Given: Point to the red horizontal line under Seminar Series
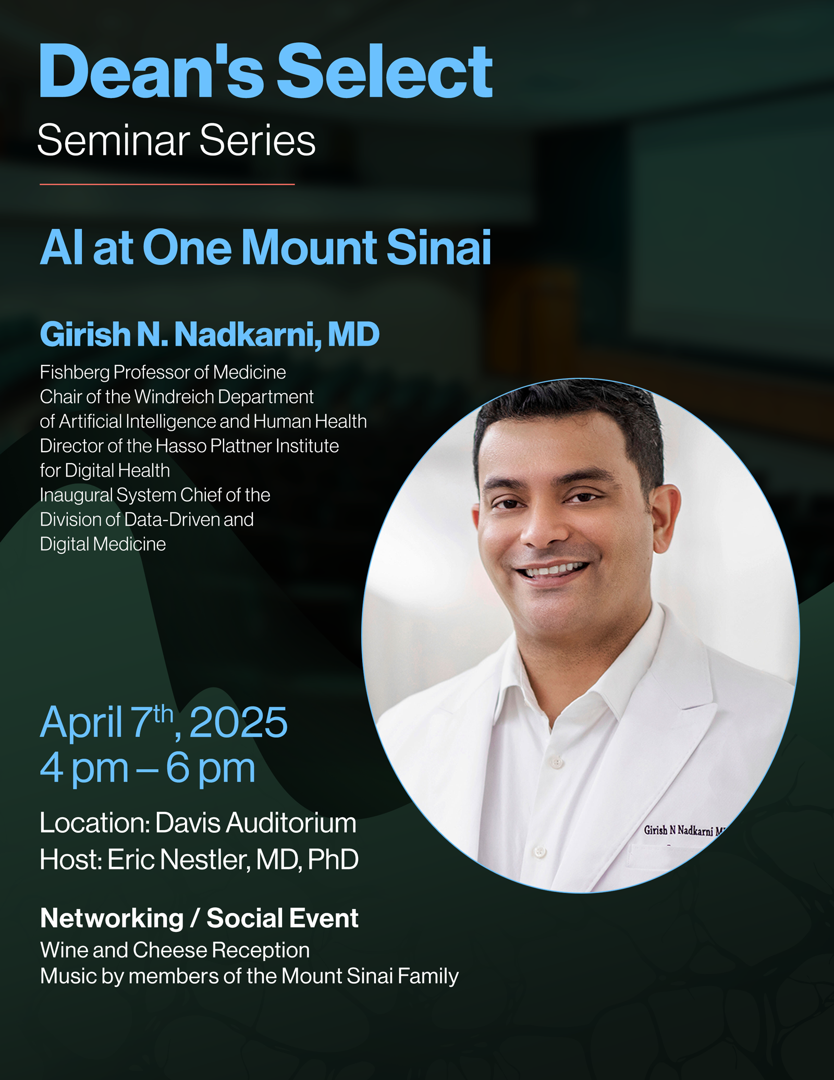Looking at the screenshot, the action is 167,184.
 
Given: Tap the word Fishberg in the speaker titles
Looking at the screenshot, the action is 75,373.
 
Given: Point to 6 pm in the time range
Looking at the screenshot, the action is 211,769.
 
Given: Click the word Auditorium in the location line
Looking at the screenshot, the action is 291,823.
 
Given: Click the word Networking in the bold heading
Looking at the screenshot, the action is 112,918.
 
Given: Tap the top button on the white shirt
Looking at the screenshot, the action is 557,763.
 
